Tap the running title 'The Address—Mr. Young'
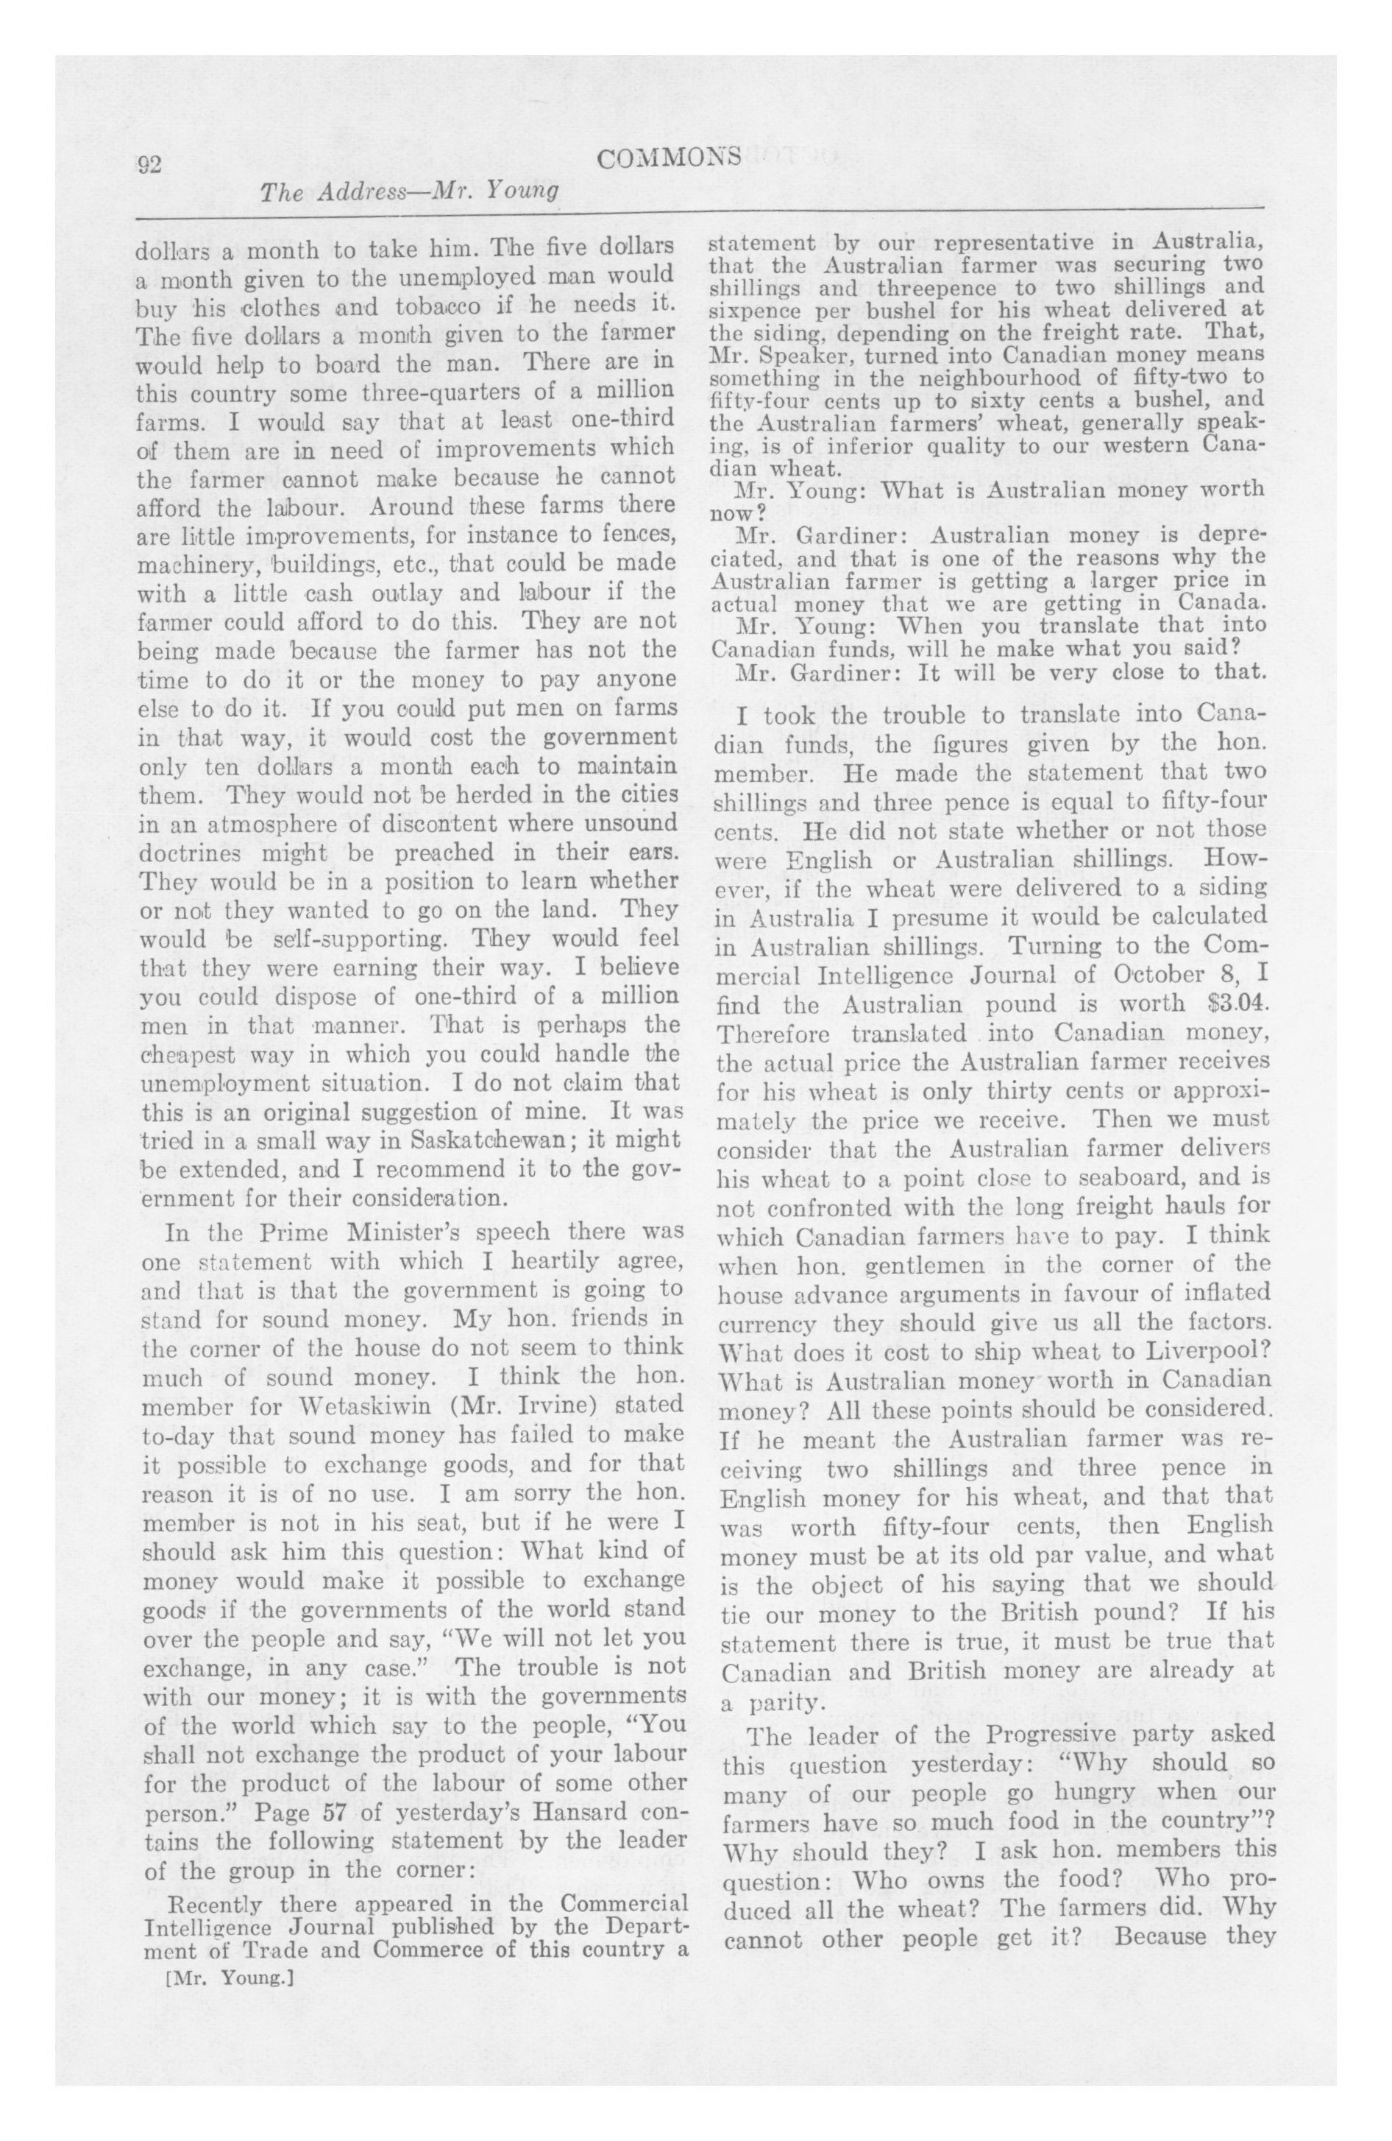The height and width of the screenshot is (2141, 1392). [409, 191]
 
